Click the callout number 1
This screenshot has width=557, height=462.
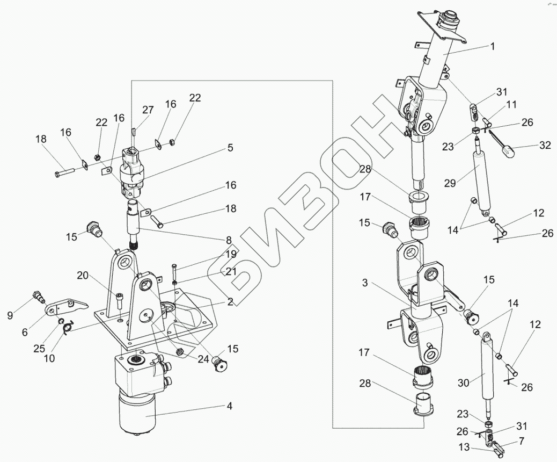coord(492,47)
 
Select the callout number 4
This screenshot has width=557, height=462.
coord(229,406)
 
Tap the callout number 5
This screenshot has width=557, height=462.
coord(230,148)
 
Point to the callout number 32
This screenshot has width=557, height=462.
coord(545,146)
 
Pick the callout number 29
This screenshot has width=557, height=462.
coord(450,183)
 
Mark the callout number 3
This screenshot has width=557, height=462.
coord(364,283)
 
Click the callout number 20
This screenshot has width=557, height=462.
coord(82,275)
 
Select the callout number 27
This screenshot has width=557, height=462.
coord(148,110)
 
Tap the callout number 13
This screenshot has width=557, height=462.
coord(464,447)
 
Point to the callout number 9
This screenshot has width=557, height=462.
coord(10,316)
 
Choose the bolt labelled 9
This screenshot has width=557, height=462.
coord(38,295)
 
